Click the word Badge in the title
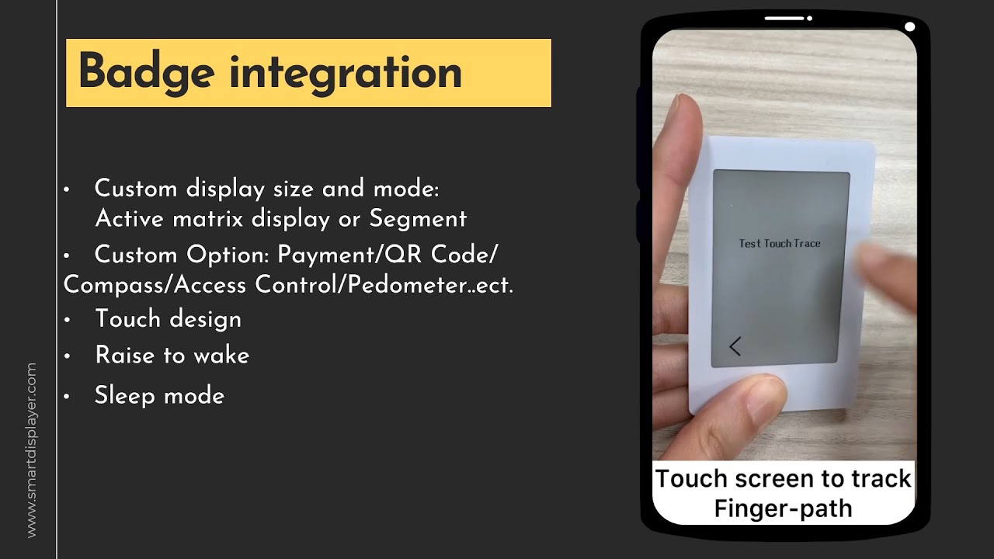coord(145,72)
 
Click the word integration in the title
coord(346,72)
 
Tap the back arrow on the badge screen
coord(735,346)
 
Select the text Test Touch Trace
coord(779,244)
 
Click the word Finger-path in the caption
coord(783,509)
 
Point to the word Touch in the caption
coord(691,478)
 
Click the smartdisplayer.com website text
coord(31,450)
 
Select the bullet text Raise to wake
coord(172,356)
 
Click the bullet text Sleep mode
coord(159,396)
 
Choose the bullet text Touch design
coord(168,319)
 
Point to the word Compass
coord(114,285)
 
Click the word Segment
coord(418,219)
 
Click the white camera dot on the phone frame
coord(909,27)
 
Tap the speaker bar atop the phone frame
coord(784,18)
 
